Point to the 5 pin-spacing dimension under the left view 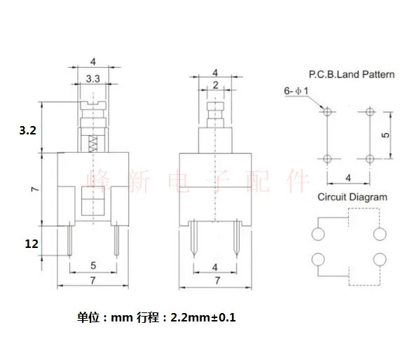pos(92,265)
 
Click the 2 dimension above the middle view pos(215,85)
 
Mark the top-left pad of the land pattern pos(327,111)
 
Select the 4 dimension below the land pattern pos(348,178)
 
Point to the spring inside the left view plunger pos(92,145)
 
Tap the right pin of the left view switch pos(116,242)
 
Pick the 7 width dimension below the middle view pos(215,280)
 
